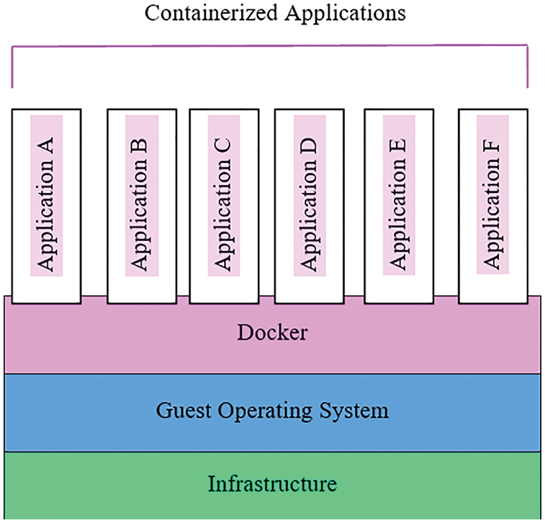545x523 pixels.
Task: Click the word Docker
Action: coord(272,333)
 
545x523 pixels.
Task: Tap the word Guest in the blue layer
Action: coord(180,411)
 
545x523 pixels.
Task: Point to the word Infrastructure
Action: coord(272,483)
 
